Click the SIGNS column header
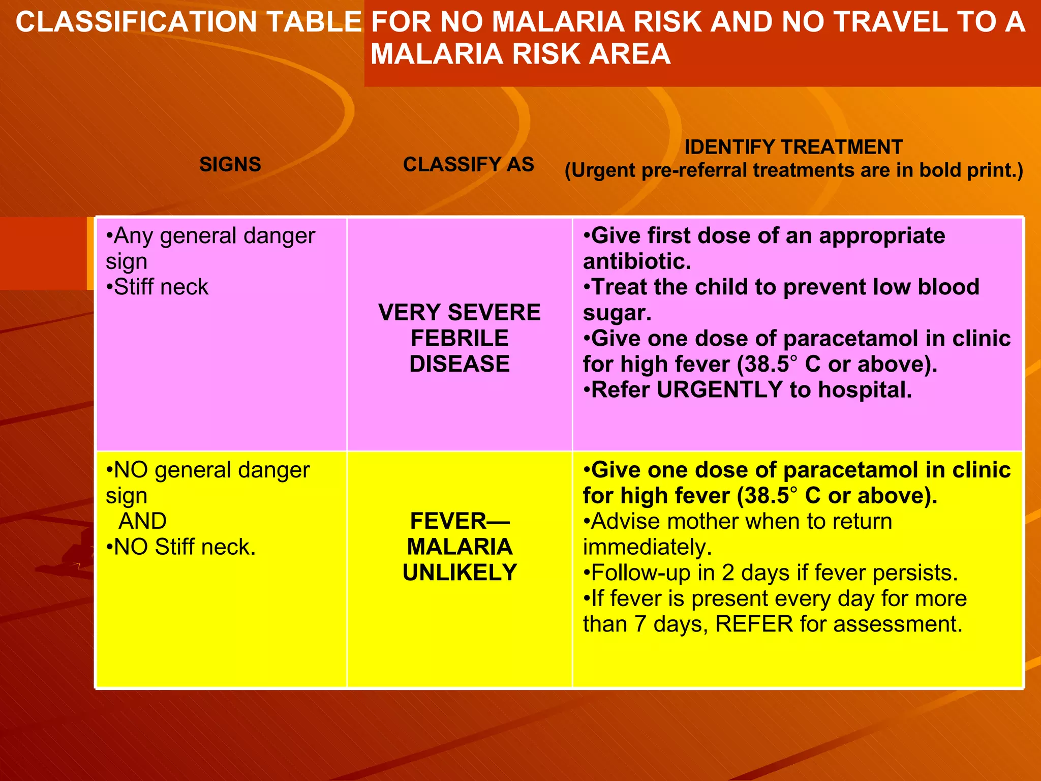(x=230, y=164)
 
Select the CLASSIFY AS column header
(x=468, y=164)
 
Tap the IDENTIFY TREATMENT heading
(x=793, y=147)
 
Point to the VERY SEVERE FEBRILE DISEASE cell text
(x=460, y=338)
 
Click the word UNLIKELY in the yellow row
(x=460, y=573)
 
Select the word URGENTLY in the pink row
(x=719, y=390)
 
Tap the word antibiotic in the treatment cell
(x=636, y=261)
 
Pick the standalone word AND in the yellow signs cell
(x=142, y=521)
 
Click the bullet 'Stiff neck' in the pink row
(x=161, y=287)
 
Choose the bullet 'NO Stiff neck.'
(x=184, y=547)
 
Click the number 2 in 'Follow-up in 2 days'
(x=728, y=573)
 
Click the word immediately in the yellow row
(x=647, y=547)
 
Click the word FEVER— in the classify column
(x=460, y=521)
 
